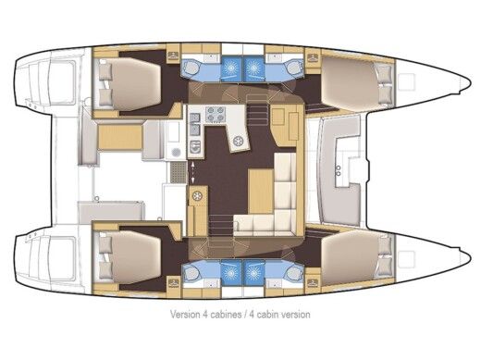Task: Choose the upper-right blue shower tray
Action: click(254, 66)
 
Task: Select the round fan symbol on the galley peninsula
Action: click(239, 140)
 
